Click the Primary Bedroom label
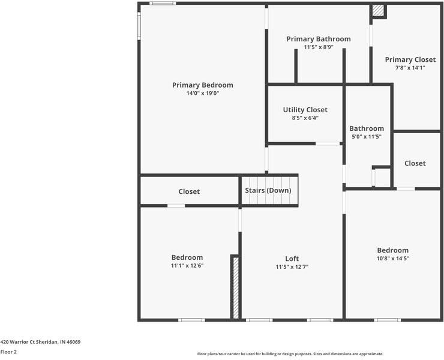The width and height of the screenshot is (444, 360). (x=203, y=85)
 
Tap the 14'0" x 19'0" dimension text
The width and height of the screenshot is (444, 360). (x=203, y=93)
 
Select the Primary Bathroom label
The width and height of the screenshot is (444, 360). (x=319, y=39)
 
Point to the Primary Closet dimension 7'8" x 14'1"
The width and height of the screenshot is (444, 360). (x=410, y=68)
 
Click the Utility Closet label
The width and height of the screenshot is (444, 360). (x=305, y=110)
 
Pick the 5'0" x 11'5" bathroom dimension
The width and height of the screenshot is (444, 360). (x=367, y=137)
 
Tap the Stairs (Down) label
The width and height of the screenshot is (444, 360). (x=268, y=190)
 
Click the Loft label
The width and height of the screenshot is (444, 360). (x=292, y=259)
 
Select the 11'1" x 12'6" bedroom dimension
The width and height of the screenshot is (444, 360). (x=187, y=266)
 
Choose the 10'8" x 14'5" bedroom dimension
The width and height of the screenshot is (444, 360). (x=393, y=259)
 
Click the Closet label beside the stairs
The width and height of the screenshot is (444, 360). (x=189, y=191)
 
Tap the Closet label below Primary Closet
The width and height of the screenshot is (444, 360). (x=415, y=163)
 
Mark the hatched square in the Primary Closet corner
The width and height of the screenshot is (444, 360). (x=378, y=10)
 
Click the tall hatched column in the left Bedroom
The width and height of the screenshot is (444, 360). (x=236, y=287)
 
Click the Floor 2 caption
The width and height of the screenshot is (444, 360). (x=8, y=352)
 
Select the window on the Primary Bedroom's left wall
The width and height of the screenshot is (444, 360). (x=139, y=26)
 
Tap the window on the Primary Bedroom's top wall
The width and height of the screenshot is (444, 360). (x=163, y=4)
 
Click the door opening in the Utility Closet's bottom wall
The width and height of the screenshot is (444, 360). (x=328, y=143)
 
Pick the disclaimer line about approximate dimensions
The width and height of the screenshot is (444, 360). (x=290, y=354)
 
